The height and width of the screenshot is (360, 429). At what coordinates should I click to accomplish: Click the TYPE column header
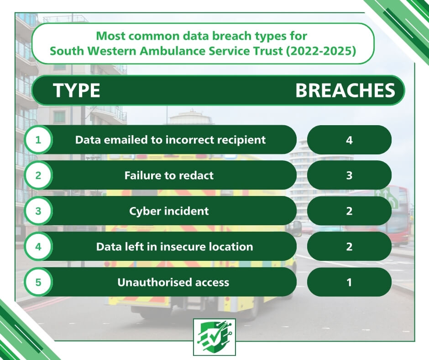click(x=77, y=90)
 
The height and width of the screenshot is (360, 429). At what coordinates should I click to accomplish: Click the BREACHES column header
click(x=345, y=90)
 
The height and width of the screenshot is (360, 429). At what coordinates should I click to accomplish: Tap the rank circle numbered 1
click(x=38, y=140)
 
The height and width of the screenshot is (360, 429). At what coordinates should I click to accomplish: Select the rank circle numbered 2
click(x=38, y=175)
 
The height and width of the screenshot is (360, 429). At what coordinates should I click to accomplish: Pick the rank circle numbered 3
click(x=38, y=211)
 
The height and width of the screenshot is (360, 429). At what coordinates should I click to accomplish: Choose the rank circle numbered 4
click(x=38, y=247)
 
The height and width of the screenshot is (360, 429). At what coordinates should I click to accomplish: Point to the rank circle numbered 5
click(x=38, y=282)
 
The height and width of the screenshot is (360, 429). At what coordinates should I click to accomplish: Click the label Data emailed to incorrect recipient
click(x=170, y=140)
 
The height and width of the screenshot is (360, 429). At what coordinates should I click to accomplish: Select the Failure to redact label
click(x=169, y=175)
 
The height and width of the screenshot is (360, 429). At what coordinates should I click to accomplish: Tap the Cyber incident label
click(x=169, y=211)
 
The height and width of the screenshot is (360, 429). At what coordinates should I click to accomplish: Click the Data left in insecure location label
click(x=174, y=247)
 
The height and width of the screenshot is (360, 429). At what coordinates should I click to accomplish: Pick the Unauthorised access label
click(x=173, y=282)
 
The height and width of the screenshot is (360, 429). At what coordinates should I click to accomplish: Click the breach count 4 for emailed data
click(x=349, y=140)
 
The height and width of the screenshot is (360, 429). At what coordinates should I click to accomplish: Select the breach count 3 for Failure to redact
click(x=349, y=175)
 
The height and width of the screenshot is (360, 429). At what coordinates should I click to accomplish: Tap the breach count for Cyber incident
click(x=349, y=211)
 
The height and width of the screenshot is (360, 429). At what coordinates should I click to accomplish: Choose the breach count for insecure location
click(x=349, y=247)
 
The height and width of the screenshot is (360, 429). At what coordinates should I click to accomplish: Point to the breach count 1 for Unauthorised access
click(x=349, y=282)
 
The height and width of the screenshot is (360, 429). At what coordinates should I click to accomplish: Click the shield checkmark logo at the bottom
click(x=214, y=337)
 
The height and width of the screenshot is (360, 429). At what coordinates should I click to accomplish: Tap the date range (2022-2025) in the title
click(x=321, y=51)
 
